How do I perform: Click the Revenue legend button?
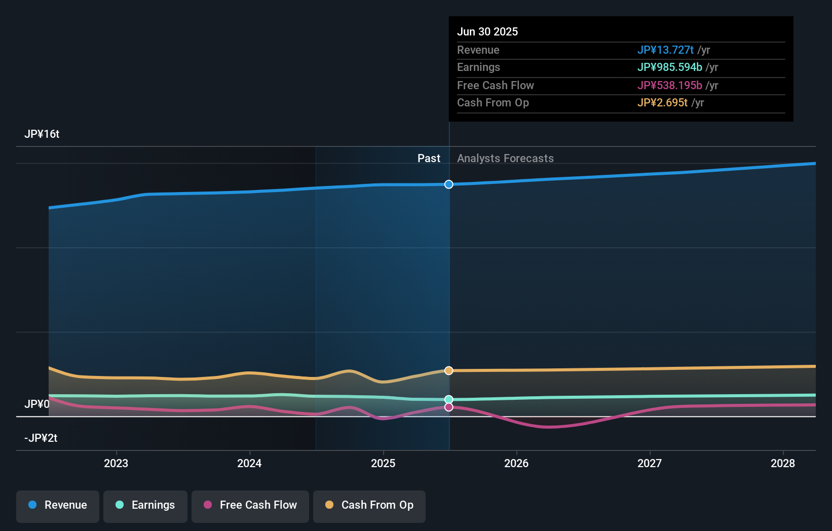pos(58,506)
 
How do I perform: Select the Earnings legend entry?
pos(145,506)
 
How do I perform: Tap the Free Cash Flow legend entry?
pos(250,506)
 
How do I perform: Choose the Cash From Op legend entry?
pos(369,506)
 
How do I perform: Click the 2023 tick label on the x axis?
pos(116,464)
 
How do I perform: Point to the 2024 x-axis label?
pos(249,464)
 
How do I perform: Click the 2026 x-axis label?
pos(516,464)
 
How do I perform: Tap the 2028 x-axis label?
pos(783,464)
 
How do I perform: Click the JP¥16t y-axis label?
pos(42,134)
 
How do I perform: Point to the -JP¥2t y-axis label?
pos(41,438)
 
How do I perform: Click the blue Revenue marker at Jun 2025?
pos(449,184)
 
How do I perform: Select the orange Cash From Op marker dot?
pos(449,371)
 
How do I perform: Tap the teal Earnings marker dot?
pos(449,400)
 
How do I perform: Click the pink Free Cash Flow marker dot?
pos(449,407)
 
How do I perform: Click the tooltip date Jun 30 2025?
pos(487,32)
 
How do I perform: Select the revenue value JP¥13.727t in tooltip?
pos(665,50)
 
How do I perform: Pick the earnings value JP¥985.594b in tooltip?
pos(669,67)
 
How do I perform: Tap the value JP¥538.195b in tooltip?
pos(669,86)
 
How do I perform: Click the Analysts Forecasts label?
pos(505,159)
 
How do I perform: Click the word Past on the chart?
pos(429,159)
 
